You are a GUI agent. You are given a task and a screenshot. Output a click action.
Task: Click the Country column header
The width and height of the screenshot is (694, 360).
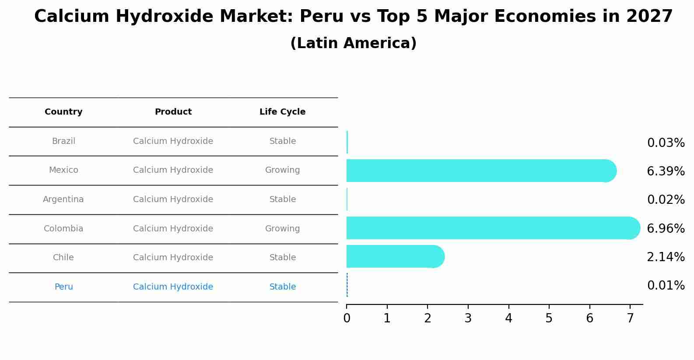coord(63,112)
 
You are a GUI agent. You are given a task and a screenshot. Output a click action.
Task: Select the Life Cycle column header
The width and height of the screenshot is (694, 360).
coord(282,112)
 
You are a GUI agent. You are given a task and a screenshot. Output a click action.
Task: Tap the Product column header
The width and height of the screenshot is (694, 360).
coord(173,112)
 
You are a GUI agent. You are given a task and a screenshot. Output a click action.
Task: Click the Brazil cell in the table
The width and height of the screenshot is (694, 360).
coord(63,141)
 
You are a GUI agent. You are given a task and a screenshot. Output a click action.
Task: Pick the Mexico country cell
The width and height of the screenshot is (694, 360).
coord(63,170)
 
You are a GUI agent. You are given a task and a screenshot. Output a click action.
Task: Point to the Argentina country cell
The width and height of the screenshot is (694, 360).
coord(63,199)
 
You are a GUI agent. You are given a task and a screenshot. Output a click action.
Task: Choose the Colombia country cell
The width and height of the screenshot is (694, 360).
coord(63,229)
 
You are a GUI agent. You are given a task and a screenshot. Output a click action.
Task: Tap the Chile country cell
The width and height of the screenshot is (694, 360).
coord(63,258)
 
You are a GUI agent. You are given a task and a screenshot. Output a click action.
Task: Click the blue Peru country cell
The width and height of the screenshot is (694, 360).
coord(63,287)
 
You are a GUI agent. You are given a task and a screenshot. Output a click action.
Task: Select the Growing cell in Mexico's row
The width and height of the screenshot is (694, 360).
coord(282,170)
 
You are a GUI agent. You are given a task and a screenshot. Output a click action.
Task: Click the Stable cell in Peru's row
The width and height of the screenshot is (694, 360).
coord(282,287)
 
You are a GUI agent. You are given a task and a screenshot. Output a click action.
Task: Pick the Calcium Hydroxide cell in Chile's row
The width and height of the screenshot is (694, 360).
coord(173,258)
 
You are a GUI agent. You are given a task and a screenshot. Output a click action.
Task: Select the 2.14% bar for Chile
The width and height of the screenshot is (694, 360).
coord(394,256)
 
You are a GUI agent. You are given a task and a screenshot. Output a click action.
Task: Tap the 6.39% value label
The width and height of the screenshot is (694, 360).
coord(666,171)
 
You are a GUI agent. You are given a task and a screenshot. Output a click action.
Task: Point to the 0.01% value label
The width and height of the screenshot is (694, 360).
coord(666,286)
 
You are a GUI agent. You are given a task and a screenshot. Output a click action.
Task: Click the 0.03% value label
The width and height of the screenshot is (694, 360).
coord(666,143)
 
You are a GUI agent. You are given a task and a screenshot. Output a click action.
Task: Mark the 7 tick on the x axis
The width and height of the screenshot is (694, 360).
coord(630,318)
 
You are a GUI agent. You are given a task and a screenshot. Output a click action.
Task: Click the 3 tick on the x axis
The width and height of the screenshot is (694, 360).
coord(468,318)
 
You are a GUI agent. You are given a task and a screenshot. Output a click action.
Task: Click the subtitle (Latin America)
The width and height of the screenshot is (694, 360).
coord(353,43)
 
